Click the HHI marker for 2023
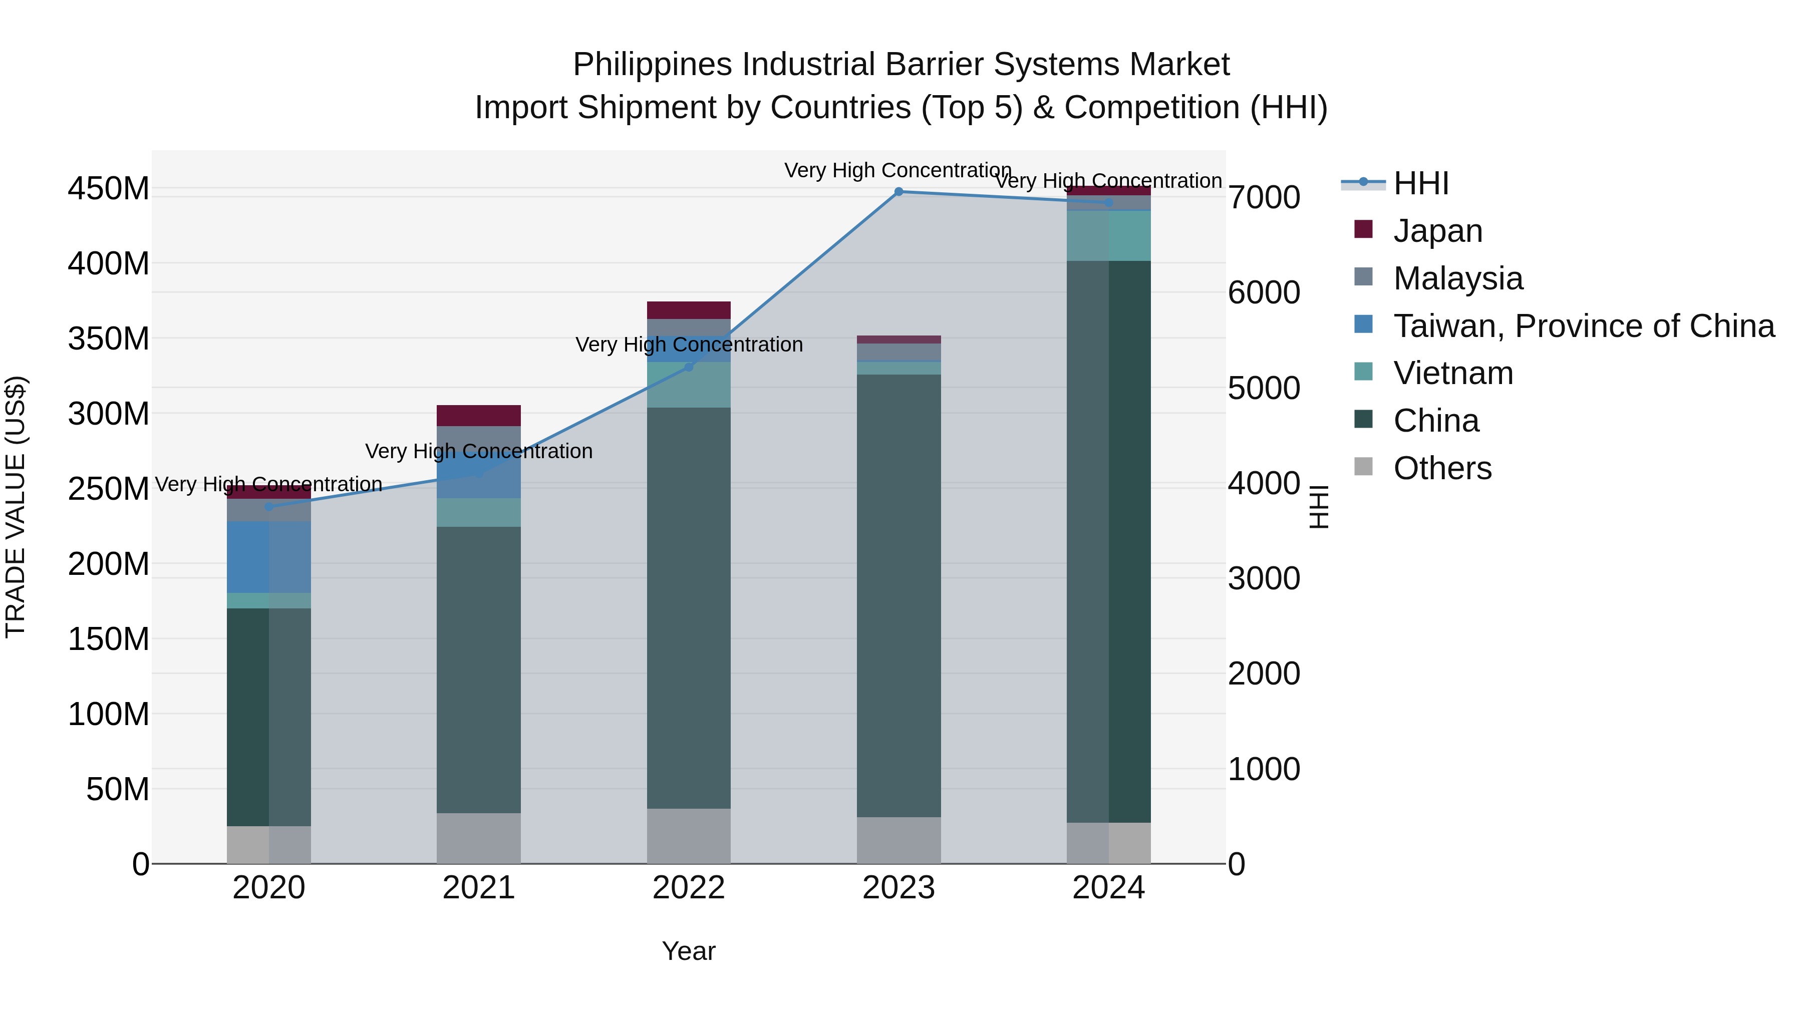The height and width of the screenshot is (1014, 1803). [x=898, y=192]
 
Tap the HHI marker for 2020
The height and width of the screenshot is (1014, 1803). [x=269, y=507]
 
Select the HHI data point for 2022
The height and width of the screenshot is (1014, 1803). [x=689, y=367]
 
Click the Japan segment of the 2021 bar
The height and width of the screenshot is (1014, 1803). [x=479, y=416]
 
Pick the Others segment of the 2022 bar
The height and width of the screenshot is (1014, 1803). [x=689, y=836]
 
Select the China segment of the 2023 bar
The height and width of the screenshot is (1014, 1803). [x=898, y=595]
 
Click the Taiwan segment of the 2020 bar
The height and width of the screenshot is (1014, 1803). [x=269, y=557]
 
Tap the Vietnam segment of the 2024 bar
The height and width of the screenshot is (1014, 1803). [x=1109, y=236]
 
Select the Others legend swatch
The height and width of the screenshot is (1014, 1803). [x=1363, y=467]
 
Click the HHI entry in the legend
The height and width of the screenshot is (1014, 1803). [x=1421, y=183]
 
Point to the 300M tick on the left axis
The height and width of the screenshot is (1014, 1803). [x=109, y=414]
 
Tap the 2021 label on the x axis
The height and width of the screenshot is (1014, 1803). [x=479, y=888]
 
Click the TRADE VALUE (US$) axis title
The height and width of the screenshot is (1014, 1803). [x=16, y=507]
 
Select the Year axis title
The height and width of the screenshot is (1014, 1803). [x=689, y=951]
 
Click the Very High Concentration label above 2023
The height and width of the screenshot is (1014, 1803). [x=898, y=170]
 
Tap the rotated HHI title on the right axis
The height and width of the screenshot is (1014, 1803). [x=1319, y=507]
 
